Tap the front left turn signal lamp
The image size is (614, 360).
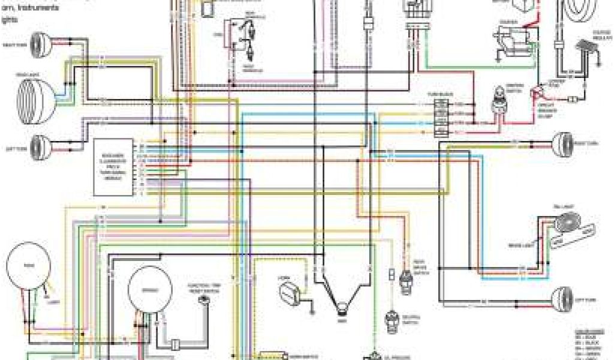point(41,145)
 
